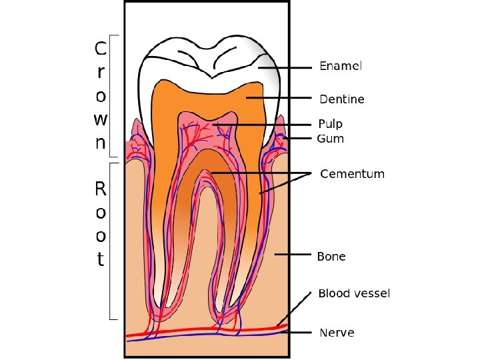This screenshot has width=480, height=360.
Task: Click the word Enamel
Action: [x=341, y=67]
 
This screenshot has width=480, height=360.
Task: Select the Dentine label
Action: [x=342, y=99]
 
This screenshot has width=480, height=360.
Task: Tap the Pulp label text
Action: [x=331, y=124]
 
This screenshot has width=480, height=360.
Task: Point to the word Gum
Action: [x=331, y=139]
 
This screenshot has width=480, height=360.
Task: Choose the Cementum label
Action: [x=353, y=174]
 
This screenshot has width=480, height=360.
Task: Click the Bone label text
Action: [x=331, y=256]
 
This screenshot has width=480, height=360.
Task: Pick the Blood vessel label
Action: [x=354, y=293]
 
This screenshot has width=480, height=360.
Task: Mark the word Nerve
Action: [x=337, y=332]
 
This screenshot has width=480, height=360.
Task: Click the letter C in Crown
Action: [x=99, y=49]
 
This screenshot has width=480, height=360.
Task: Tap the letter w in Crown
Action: [x=100, y=119]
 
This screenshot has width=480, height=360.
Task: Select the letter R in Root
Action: [x=100, y=189]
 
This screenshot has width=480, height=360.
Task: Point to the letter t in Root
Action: [x=100, y=259]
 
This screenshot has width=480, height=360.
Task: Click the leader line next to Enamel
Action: [x=287, y=67]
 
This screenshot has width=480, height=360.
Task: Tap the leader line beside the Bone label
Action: [x=293, y=255]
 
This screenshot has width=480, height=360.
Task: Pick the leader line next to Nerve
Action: [x=299, y=332]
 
